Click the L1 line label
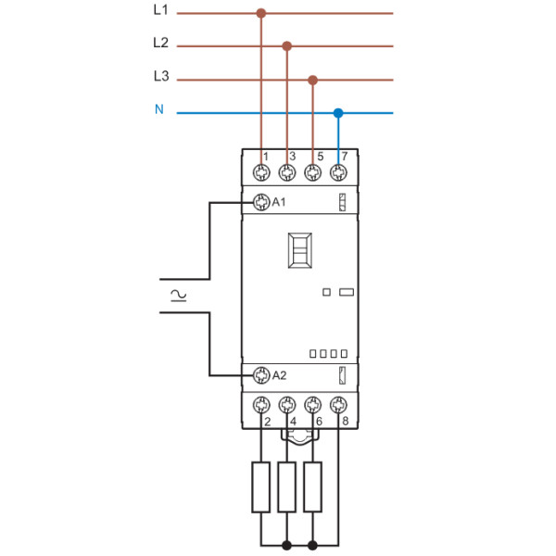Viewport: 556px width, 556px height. (x=160, y=12)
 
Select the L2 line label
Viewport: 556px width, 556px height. (x=160, y=44)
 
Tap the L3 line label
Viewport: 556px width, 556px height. (x=160, y=77)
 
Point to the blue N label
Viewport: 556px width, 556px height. (x=158, y=110)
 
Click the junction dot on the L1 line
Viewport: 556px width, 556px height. (x=260, y=14)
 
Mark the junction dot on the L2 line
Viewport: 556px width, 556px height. (x=287, y=45)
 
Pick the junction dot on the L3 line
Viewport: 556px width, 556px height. (x=313, y=80)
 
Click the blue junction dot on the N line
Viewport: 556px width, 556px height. (x=338, y=113)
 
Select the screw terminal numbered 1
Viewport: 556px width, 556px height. (x=261, y=171)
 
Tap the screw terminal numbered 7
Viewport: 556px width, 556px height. (x=338, y=171)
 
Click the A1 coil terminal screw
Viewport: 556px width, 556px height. (x=261, y=202)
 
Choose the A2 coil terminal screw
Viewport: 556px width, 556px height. (x=261, y=375)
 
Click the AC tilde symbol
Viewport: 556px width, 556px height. (x=176, y=296)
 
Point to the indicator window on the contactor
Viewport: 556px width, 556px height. (x=300, y=250)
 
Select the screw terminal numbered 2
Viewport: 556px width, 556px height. (x=261, y=404)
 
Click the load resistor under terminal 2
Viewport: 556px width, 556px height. (x=261, y=486)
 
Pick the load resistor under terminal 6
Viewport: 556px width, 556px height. (x=313, y=486)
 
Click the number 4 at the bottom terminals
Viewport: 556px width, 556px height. (x=294, y=423)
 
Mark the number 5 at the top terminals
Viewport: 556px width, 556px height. (x=320, y=156)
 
